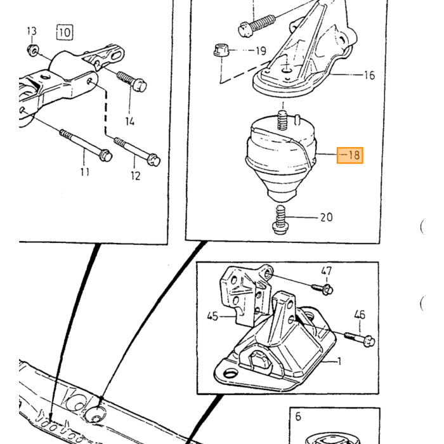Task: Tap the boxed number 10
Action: tap(65, 32)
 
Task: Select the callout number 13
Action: tap(32, 30)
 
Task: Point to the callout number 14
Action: tap(129, 121)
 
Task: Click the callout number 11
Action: tap(84, 172)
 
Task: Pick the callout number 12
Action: tap(135, 176)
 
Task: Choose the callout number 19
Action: tap(261, 51)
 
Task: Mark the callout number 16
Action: tap(369, 75)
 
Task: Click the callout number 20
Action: tap(326, 217)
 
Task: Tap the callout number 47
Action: tap(326, 271)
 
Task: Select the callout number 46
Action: tap(360, 315)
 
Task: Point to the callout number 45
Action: tap(212, 316)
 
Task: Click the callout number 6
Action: tap(298, 417)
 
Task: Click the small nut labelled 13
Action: tap(33, 50)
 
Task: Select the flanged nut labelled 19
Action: tap(221, 50)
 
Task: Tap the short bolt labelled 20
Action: tap(280, 220)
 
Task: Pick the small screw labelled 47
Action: tap(322, 289)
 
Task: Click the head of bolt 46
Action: tap(369, 341)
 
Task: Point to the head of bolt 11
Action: tap(105, 155)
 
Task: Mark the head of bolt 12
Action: tap(153, 159)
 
